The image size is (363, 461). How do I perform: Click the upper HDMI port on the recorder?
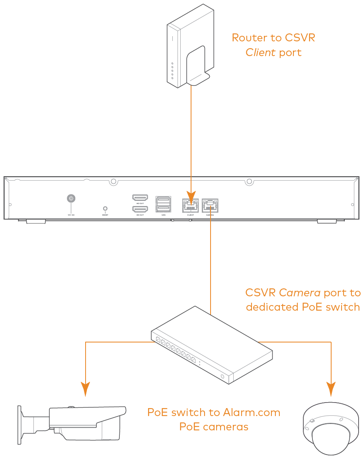(140, 198)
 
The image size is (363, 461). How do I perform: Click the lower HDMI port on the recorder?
(140, 209)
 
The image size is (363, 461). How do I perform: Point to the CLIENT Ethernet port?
(191, 206)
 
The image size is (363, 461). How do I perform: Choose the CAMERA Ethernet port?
(210, 206)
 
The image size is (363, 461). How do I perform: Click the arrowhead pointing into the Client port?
(191, 198)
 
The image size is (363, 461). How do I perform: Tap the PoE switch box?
(212, 344)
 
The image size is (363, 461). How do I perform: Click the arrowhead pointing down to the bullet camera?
(86, 389)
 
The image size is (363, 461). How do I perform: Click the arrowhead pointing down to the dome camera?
(331, 389)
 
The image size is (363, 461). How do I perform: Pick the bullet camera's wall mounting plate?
(20, 425)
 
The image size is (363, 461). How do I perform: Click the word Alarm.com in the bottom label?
(252, 412)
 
